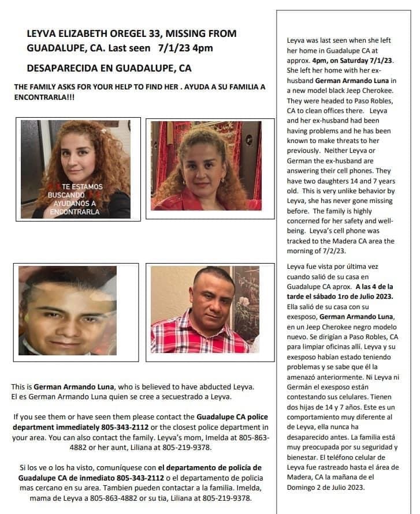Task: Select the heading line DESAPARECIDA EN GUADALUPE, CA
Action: pos(109,68)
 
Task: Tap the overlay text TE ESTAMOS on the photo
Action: pos(82,187)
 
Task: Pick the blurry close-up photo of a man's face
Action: pos(68,311)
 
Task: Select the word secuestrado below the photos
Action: pos(179,396)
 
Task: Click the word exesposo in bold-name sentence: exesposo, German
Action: pos(302,317)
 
